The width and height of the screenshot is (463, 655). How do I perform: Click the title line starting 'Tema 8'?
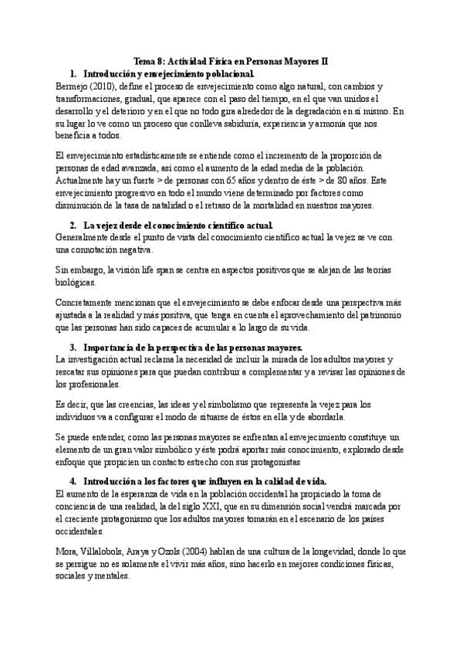point(231,61)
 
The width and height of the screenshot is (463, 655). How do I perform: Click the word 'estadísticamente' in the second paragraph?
point(140,156)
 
